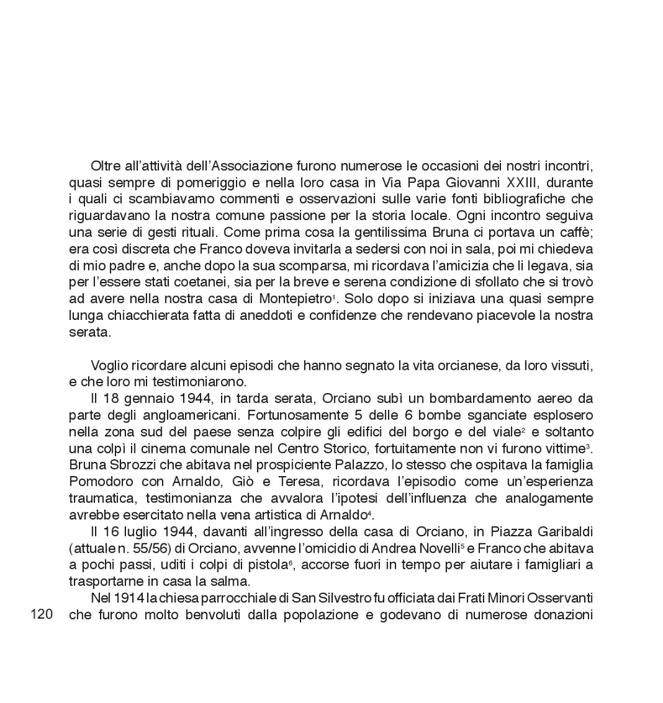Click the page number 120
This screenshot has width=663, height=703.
tap(42, 614)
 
